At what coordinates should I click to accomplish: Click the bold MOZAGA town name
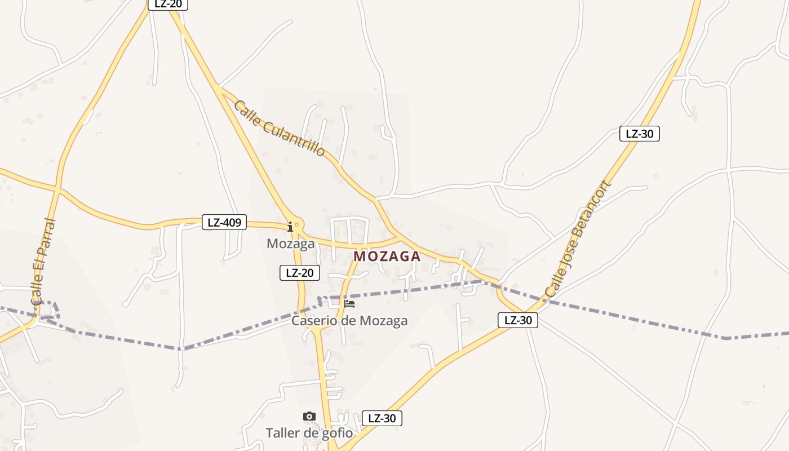point(387,256)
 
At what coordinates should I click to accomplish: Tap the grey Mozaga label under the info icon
point(290,244)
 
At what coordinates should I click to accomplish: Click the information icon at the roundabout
point(290,227)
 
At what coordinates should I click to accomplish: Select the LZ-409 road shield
point(224,222)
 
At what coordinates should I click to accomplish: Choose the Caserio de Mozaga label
point(349,321)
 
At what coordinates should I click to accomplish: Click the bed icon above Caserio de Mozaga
point(349,304)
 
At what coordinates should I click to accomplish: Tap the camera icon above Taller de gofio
point(309,417)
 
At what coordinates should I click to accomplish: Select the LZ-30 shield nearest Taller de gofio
point(382,418)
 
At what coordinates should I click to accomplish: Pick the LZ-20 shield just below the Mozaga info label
point(299,273)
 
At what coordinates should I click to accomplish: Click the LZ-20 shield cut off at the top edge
point(167,4)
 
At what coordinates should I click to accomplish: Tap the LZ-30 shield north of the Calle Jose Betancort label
point(639,134)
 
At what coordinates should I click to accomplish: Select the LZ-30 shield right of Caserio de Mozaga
point(518,320)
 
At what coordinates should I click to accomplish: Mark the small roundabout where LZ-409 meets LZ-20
point(296,224)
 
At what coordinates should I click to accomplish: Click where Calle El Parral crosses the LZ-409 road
point(57,187)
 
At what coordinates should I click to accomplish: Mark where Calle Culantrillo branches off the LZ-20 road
point(218,86)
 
